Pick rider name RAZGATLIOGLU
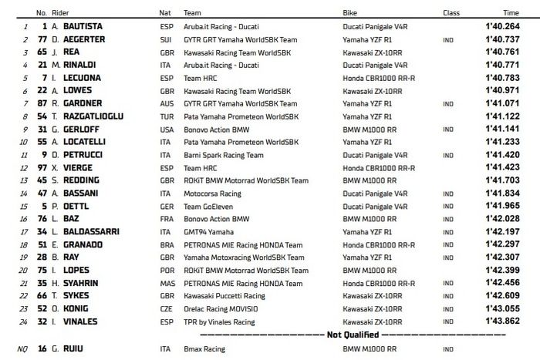click(x=94, y=116)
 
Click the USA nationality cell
click(x=165, y=129)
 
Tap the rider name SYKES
click(x=75, y=295)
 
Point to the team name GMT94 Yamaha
click(x=207, y=231)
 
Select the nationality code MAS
click(x=166, y=283)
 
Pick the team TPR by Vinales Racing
click(x=218, y=321)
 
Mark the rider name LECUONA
click(x=79, y=77)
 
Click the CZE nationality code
click(x=165, y=308)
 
